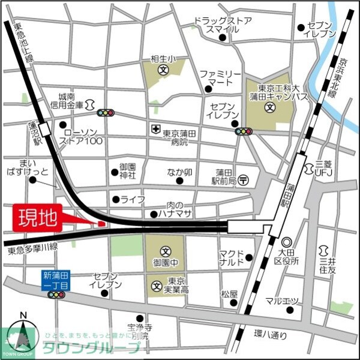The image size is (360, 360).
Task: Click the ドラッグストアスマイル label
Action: (223, 25)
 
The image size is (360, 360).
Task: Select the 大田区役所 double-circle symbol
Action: (286, 242)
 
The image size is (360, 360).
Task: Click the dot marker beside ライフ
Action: (115, 199)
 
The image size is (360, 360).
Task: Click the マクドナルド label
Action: (231, 257)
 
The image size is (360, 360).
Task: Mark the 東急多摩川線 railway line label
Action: (33, 247)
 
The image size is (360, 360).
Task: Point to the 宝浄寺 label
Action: (139, 332)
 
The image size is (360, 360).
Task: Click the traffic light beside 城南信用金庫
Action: (106, 112)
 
